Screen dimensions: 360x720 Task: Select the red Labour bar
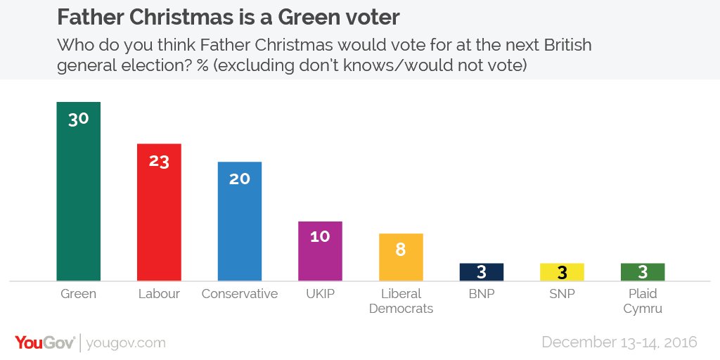tap(159, 218)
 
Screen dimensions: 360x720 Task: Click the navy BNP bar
tap(481, 272)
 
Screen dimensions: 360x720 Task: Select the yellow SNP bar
tap(562, 272)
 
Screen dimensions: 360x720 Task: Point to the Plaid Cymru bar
tap(643, 272)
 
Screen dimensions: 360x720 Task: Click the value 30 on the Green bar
tap(78, 119)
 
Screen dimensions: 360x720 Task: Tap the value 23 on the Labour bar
tap(159, 160)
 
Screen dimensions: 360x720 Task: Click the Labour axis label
tap(159, 294)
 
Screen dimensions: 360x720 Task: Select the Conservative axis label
tap(239, 294)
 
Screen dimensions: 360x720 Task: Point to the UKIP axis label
tap(320, 294)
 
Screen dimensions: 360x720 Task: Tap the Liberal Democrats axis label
tap(400, 301)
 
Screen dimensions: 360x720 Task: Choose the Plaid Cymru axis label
tap(643, 301)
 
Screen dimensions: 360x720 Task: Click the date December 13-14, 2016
tap(619, 342)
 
